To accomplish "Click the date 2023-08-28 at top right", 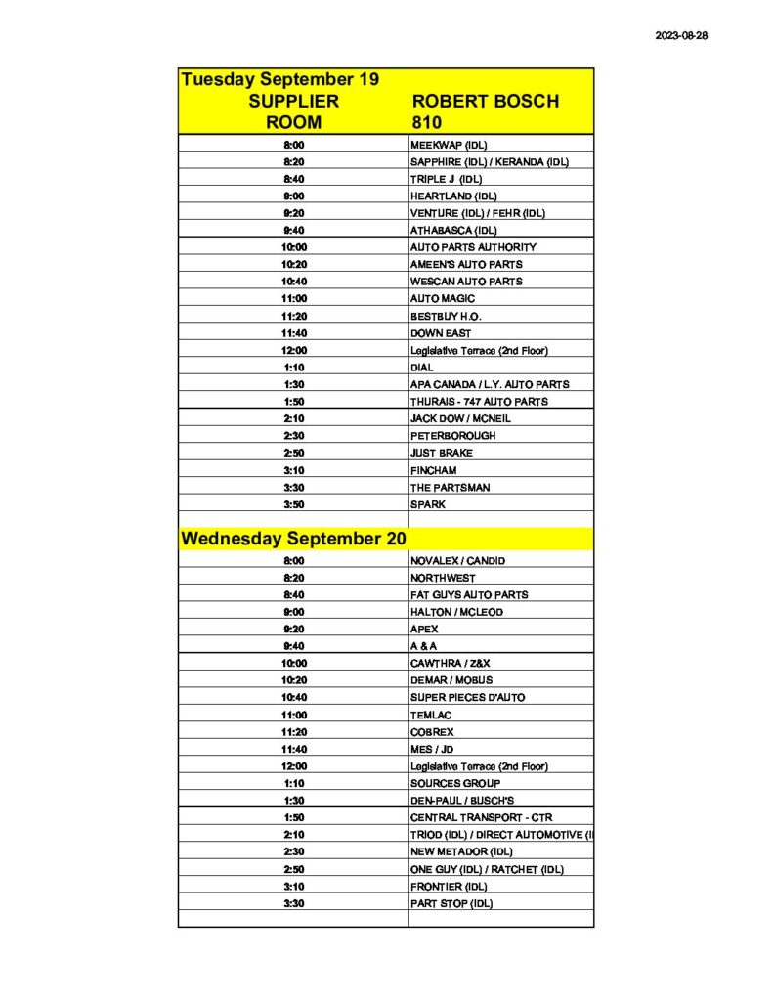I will pos(681,35).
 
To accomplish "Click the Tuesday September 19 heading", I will pos(279,79).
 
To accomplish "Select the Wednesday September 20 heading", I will pos(293,539).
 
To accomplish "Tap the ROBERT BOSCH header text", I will pos(486,102).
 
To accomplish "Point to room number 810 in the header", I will pos(426,123).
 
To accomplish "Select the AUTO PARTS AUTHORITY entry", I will pos(473,247).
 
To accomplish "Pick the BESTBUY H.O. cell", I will pos(446,316).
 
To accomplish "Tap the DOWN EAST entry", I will pos(440,333).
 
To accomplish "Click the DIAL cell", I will pos(422,368).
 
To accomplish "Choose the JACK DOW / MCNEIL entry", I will pos(460,418).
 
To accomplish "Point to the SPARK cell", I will pos(427,504).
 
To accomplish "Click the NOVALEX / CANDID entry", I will pos(457,561).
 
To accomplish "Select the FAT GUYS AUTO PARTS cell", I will pos(469,595).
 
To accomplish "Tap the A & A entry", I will pos(424,646).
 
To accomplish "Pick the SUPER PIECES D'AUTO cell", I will pos(467,698).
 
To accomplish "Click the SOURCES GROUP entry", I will pos(455,783).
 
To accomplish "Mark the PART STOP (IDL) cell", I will pos(451,903).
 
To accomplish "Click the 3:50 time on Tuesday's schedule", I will pos(293,504).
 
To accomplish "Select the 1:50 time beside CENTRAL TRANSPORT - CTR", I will pos(293,817).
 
